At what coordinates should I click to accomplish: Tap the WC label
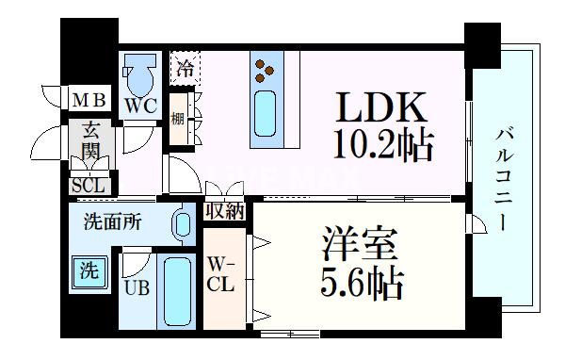140,106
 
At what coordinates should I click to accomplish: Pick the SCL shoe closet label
89,186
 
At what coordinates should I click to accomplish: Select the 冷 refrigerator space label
186,68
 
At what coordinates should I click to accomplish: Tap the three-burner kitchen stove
264,69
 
